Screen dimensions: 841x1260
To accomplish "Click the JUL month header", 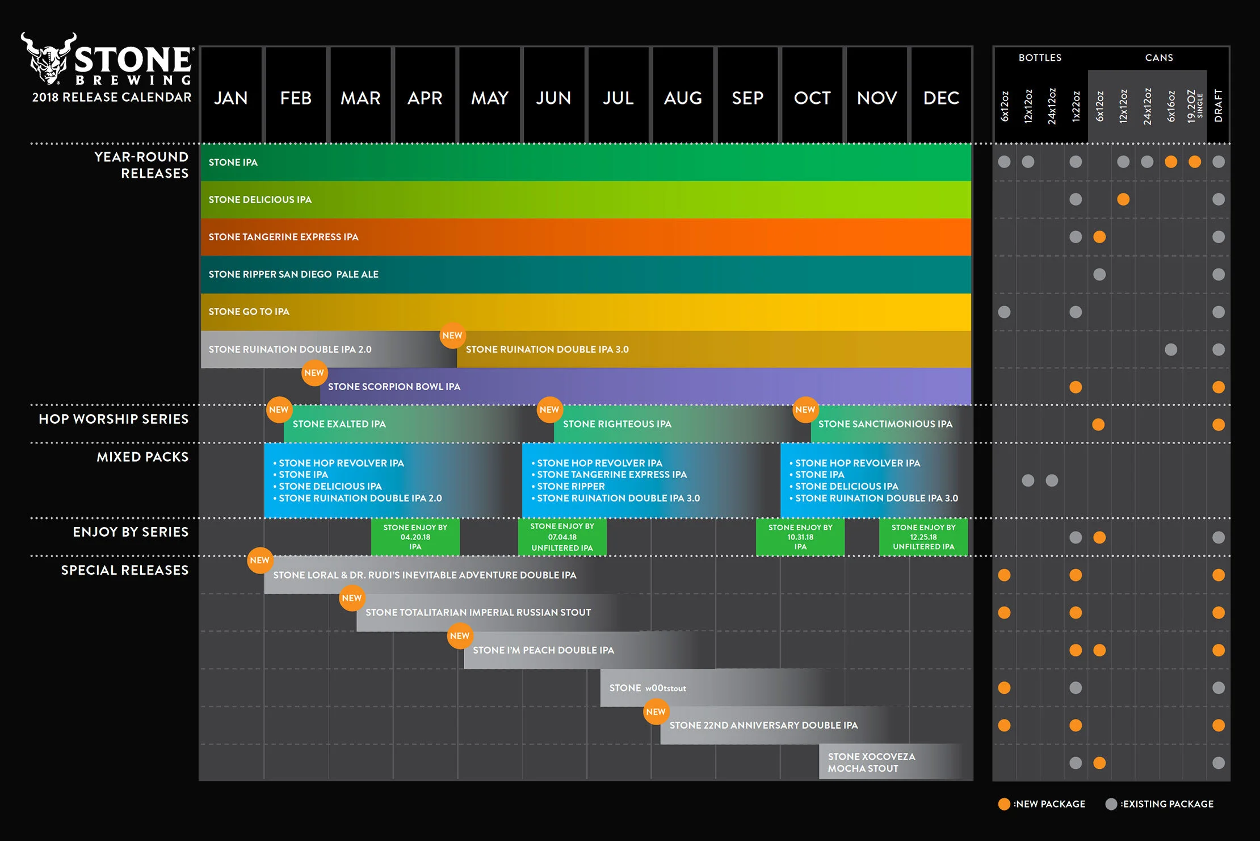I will (x=618, y=98).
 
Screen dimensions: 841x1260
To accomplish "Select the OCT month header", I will (x=812, y=98).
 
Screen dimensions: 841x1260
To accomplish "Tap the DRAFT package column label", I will (x=1218, y=105).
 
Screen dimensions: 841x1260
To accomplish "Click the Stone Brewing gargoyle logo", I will (x=49, y=58).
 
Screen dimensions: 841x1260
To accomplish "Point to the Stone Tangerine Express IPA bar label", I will (x=283, y=237).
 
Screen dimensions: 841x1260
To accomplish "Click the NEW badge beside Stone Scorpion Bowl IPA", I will (x=314, y=373).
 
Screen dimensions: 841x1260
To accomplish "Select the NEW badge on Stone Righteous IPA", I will (x=549, y=409).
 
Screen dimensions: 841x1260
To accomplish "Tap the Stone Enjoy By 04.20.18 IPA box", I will (x=415, y=537).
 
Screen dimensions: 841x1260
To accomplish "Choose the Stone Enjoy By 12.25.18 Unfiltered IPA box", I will (x=923, y=537).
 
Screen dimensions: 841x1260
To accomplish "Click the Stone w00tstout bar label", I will (x=647, y=688).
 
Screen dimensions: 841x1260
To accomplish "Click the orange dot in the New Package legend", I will (x=1004, y=804).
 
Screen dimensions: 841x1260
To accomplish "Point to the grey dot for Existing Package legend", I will (x=1111, y=804).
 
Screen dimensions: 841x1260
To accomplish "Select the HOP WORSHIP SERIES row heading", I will (x=114, y=419).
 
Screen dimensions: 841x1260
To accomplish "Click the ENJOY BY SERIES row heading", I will (x=131, y=532).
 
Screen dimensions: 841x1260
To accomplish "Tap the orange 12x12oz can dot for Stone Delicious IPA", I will (x=1123, y=199).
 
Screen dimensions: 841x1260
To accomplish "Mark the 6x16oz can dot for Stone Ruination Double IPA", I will (x=1171, y=349).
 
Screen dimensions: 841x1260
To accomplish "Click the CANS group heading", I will (x=1158, y=57).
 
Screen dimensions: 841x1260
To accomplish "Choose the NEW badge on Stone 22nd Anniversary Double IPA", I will (x=656, y=712).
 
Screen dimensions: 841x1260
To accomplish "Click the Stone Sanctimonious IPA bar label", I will (x=885, y=424).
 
